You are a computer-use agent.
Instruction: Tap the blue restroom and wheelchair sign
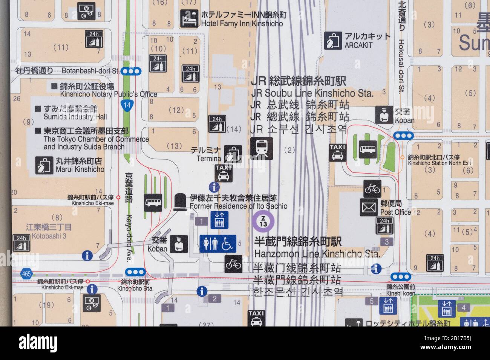tap(217, 243)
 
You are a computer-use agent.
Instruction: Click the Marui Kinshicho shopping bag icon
tap(44, 165)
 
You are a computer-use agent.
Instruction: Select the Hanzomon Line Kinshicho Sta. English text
tap(317, 253)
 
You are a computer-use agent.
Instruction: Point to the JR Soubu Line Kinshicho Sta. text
tap(312, 93)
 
